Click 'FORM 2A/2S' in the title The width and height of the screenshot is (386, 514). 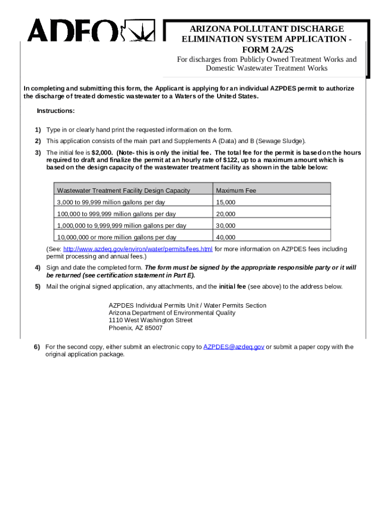[x=266, y=49]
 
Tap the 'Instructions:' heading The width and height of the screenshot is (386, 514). [x=56, y=111]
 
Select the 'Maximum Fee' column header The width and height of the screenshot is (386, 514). [x=236, y=191]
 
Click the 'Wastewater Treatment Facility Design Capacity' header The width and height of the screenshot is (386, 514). [x=123, y=191]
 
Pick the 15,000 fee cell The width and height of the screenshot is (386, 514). [x=226, y=202]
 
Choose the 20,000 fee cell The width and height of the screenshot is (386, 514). [x=226, y=214]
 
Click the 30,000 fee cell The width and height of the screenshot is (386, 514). [x=226, y=226]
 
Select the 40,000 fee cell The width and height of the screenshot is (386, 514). [x=226, y=237]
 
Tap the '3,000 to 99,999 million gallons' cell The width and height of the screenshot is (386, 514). [x=111, y=202]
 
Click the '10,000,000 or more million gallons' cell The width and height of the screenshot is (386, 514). [x=116, y=237]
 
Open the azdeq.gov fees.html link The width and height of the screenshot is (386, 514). [x=138, y=249]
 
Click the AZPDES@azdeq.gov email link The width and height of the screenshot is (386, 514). [x=234, y=347]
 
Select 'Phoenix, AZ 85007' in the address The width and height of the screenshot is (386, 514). [x=135, y=328]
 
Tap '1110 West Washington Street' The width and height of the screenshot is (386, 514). [x=150, y=320]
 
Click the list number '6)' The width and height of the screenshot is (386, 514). [x=37, y=347]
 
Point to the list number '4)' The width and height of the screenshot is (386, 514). [x=38, y=268]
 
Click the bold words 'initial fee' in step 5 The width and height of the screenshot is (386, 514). [x=232, y=287]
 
